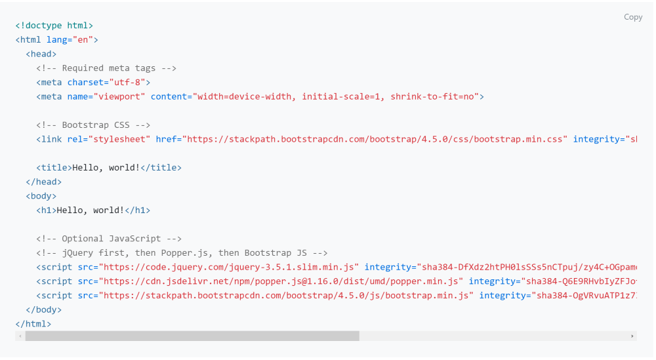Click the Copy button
(x=632, y=17)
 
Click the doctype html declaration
(x=54, y=26)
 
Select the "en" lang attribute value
(x=83, y=40)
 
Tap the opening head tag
(x=41, y=54)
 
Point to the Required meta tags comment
(x=106, y=68)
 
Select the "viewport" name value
(x=119, y=96)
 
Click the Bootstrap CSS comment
(x=93, y=125)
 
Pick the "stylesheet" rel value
(x=119, y=139)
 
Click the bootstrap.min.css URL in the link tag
(x=375, y=139)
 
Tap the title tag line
(x=109, y=168)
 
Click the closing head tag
(x=43, y=182)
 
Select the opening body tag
(x=41, y=196)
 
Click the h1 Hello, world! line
(x=93, y=210)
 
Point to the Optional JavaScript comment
(x=109, y=239)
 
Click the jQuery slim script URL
(x=229, y=267)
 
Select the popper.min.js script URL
(x=281, y=281)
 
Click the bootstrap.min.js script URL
(x=286, y=296)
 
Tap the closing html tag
(x=33, y=324)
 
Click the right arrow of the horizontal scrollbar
(x=632, y=336)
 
